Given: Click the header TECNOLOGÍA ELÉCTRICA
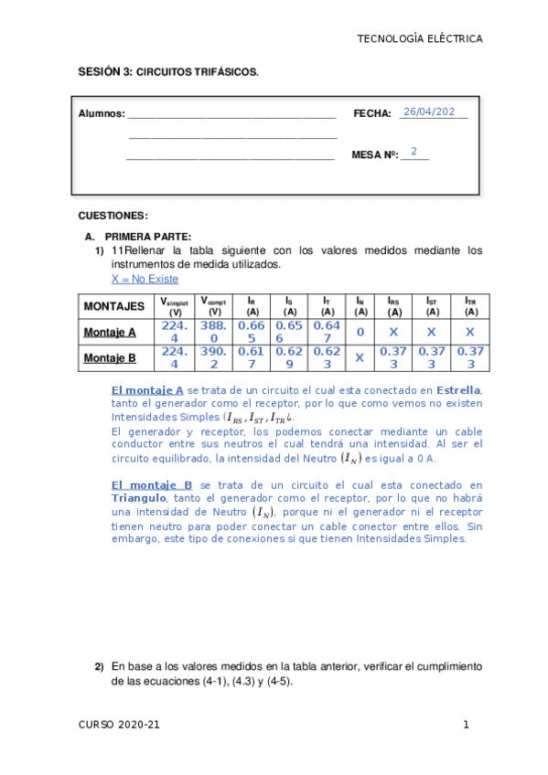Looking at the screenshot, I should tap(419, 38).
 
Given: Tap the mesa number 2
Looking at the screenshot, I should tap(414, 152).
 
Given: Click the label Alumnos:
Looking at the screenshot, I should tap(102, 114).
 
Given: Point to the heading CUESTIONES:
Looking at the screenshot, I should tap(113, 216).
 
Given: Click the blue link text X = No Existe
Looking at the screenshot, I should tap(145, 279).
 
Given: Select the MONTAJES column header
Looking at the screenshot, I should tap(114, 305).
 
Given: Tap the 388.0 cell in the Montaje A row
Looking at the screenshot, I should tap(212, 332).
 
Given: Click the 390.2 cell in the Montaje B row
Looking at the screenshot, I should tap(212, 358).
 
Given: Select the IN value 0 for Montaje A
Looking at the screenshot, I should tap(360, 333).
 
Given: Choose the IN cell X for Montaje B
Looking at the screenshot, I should tap(360, 358).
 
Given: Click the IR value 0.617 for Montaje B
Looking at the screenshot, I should tap(250, 358).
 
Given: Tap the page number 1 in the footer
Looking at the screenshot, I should tap(466, 725).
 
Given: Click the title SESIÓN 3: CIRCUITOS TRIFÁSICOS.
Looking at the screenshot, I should tap(168, 70).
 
